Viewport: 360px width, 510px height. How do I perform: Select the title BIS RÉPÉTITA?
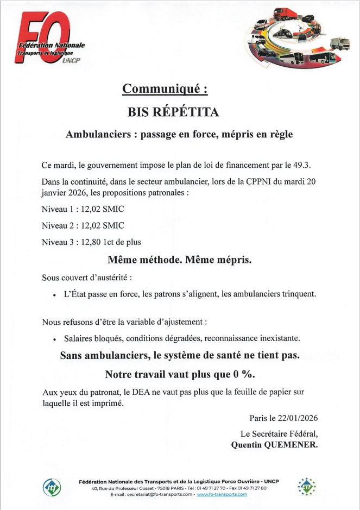(173, 112)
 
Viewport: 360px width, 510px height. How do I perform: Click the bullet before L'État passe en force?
(55, 295)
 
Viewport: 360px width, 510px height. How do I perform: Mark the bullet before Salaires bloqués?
(55, 339)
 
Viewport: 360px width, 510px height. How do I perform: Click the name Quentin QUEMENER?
(275, 445)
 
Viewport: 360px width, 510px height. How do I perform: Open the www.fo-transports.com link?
(222, 494)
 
